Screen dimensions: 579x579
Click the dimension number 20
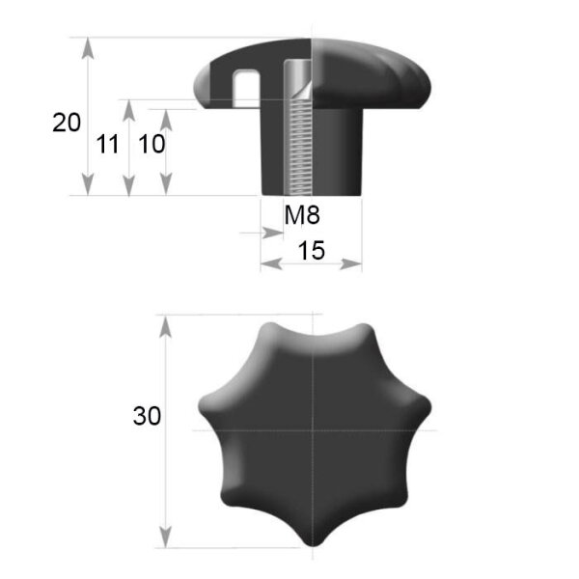pos(67,123)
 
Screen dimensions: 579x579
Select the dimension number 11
pos(107,144)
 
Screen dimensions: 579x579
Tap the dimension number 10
pos(152,144)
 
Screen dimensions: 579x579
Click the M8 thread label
pos(302,215)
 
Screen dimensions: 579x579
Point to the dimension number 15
pos(312,250)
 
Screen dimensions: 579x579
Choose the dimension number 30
pos(147,416)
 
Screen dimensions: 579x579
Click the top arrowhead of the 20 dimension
pos(88,48)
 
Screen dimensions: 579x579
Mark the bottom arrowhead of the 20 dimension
pos(88,184)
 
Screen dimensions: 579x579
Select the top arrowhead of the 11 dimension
pos(128,110)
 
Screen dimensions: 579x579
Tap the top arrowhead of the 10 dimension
pos(166,120)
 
